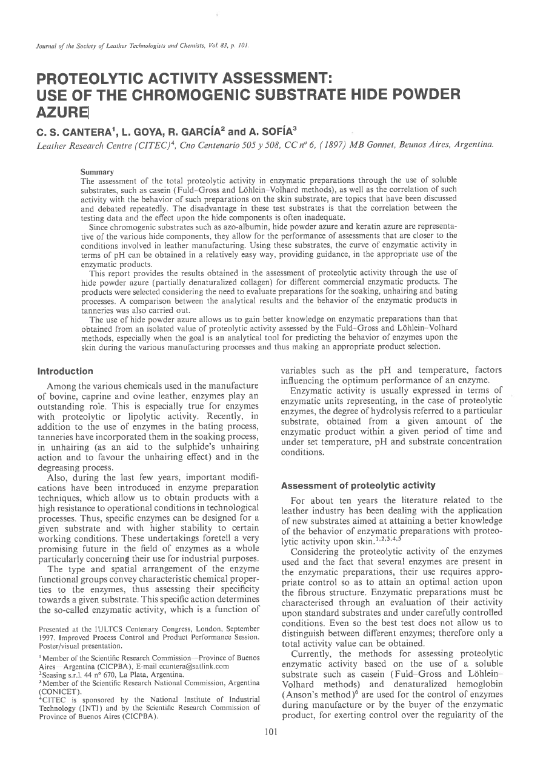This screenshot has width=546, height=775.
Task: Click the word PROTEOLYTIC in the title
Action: coord(99,80)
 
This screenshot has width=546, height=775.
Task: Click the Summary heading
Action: coord(98,173)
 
